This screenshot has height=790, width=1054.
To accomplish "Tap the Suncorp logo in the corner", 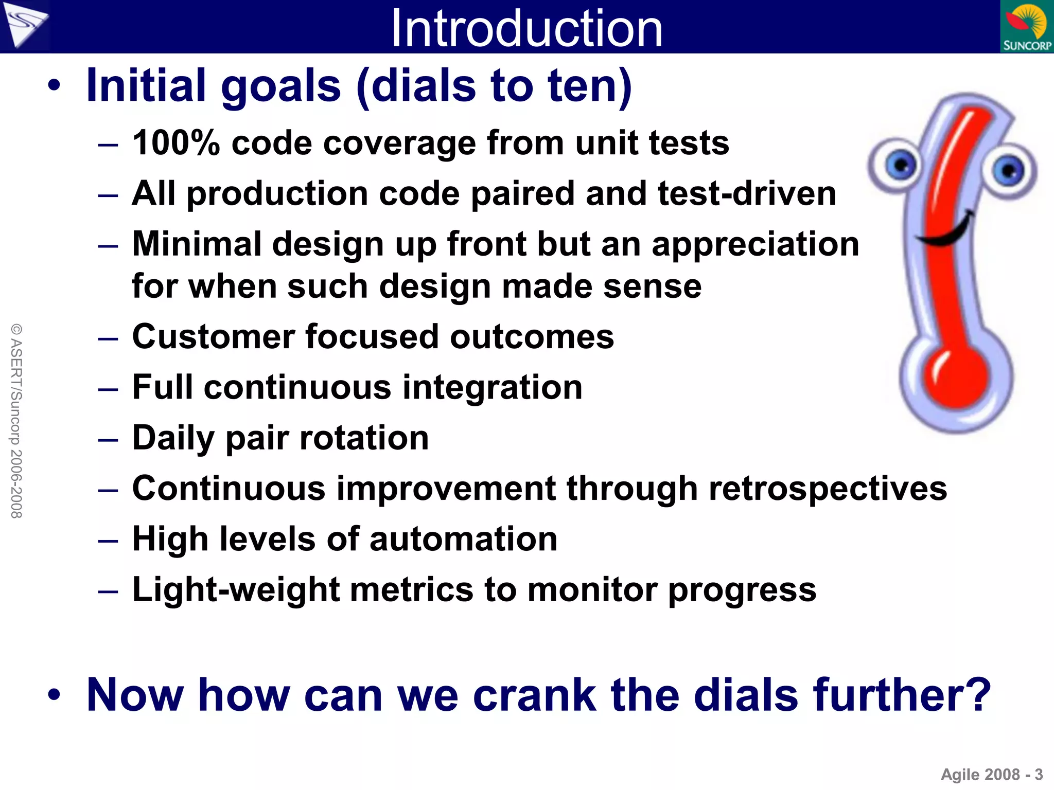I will tap(1027, 27).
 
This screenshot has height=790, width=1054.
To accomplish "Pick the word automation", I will tap(463, 539).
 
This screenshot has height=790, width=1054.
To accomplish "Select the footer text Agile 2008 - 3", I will tap(991, 775).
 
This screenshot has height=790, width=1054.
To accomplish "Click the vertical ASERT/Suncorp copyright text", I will tap(16, 421).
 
